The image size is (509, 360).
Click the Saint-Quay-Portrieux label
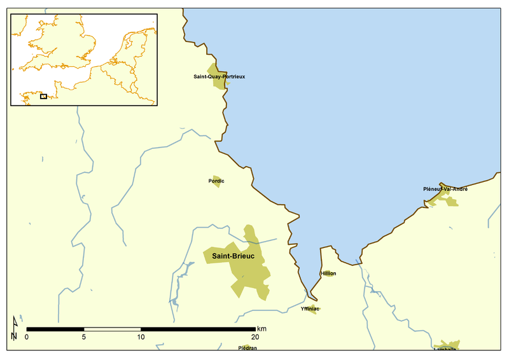219,76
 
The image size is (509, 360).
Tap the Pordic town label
216,181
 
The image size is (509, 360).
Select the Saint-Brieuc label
228,256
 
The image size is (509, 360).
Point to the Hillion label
328,273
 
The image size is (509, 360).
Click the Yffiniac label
309,308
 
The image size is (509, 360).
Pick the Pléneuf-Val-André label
445,189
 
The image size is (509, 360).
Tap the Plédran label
248,348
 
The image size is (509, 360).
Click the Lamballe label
445,349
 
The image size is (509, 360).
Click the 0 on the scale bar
27,337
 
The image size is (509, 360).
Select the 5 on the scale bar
84,337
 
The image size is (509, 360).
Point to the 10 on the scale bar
141,337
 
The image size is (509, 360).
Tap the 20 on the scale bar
254,337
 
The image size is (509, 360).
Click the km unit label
261,328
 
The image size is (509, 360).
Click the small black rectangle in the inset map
43,97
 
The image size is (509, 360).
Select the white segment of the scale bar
112,329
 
